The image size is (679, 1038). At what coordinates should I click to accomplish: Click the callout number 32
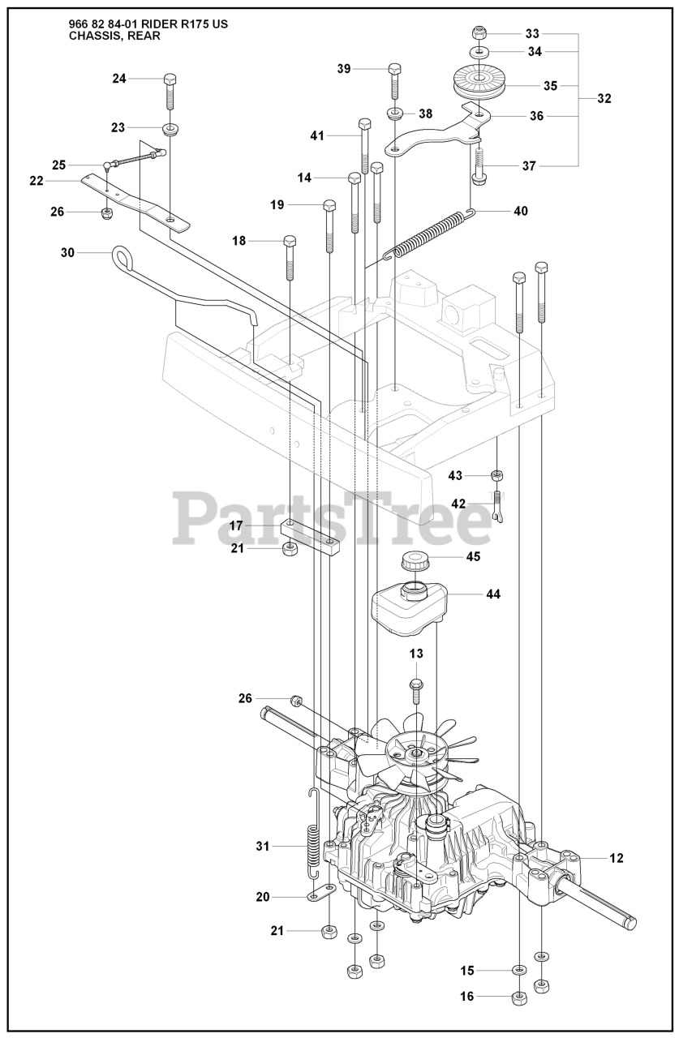pyautogui.click(x=604, y=98)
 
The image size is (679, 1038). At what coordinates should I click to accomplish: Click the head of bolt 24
pyautogui.click(x=170, y=79)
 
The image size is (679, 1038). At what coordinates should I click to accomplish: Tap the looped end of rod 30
pyautogui.click(x=122, y=257)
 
